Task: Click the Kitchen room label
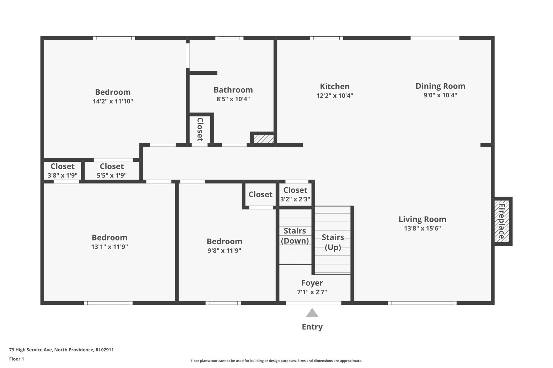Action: (335, 87)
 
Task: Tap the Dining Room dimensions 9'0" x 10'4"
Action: (440, 95)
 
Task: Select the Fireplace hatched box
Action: (501, 221)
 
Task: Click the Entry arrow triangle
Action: (312, 313)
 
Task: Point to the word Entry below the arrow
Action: (312, 327)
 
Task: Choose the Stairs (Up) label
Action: (333, 242)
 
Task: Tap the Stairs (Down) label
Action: (295, 236)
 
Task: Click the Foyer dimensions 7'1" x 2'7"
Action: (312, 292)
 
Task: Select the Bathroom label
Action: (233, 90)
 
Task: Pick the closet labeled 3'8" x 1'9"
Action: (62, 171)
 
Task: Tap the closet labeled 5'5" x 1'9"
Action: (112, 171)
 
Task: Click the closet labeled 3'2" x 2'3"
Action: (295, 194)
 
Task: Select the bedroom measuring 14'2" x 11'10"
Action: (113, 96)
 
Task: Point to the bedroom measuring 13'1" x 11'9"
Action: (109, 242)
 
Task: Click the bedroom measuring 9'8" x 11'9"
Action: (224, 246)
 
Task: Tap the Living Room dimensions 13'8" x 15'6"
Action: (422, 228)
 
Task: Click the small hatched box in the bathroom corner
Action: (264, 139)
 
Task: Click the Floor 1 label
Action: (16, 359)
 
